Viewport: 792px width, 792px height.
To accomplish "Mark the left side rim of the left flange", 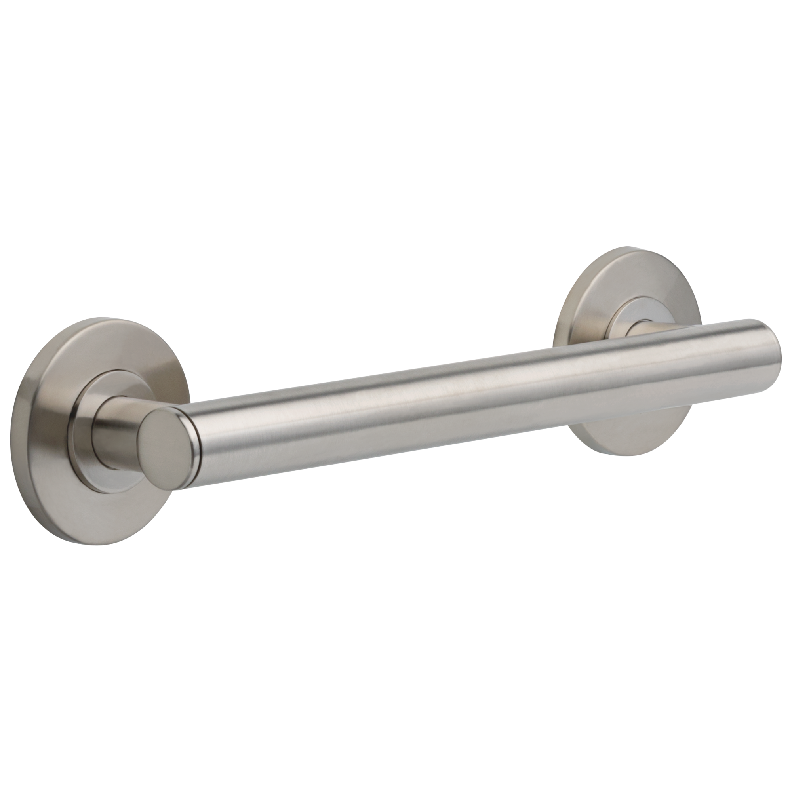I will (x=19, y=430).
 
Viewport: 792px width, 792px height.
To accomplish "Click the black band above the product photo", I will (x=396, y=123).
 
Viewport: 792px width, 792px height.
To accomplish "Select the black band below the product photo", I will (x=396, y=668).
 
